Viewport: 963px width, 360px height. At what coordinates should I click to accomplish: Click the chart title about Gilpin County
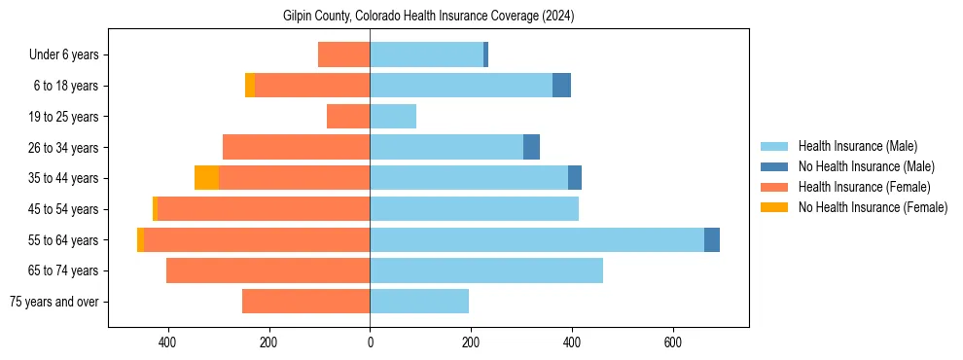point(428,17)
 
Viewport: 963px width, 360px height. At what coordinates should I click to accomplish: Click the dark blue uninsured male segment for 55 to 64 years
point(712,239)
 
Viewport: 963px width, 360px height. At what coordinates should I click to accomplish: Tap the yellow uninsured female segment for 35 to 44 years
point(206,178)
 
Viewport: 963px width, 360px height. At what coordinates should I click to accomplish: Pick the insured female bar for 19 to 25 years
point(348,117)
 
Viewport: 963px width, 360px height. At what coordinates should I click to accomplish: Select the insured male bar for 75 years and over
point(419,302)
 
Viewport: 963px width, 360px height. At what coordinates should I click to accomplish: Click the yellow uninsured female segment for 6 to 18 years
point(250,86)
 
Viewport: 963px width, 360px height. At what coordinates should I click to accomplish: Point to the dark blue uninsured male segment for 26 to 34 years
point(531,147)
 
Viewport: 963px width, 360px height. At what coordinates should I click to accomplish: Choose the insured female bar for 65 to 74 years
point(268,270)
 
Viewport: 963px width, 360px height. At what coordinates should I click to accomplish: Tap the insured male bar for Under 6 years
point(426,54)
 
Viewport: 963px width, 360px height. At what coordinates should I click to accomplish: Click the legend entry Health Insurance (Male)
point(857,146)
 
